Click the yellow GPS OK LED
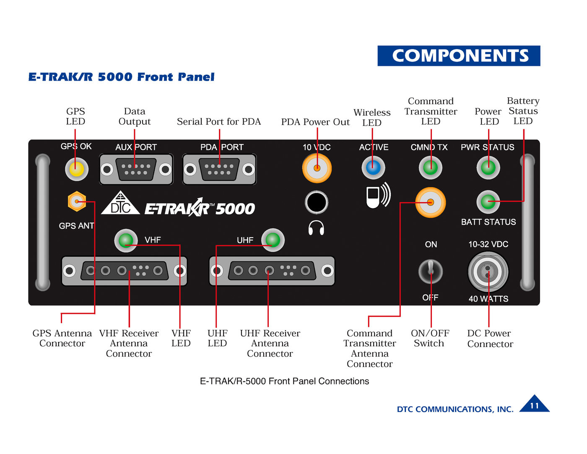(x=76, y=169)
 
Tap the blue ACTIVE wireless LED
(x=373, y=167)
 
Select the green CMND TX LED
(x=430, y=167)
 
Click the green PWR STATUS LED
(x=488, y=167)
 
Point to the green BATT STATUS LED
(x=488, y=202)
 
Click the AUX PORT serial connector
(x=136, y=170)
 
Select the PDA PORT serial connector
(x=219, y=170)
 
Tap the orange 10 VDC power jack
(x=317, y=168)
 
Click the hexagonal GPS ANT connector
(x=77, y=202)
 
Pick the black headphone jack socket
(x=317, y=202)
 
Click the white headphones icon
(x=316, y=228)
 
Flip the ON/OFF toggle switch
(x=430, y=271)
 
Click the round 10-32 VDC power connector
(x=488, y=272)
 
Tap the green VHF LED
(x=126, y=240)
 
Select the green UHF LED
(x=273, y=240)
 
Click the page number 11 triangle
(x=534, y=404)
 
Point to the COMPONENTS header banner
(x=459, y=56)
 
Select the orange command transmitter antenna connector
(x=430, y=202)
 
